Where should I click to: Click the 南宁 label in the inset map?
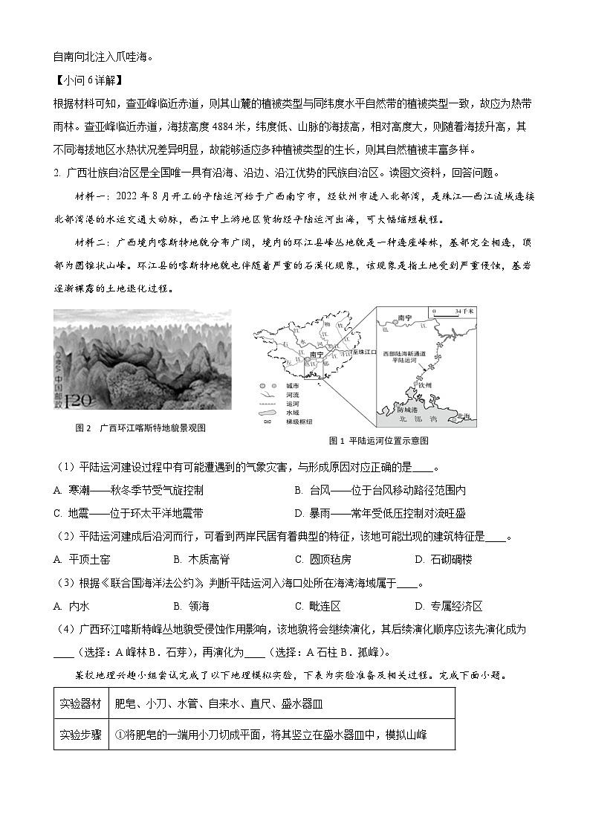tap(404, 317)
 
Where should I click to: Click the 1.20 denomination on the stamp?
tap(77, 402)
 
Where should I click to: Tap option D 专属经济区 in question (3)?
tap(448, 606)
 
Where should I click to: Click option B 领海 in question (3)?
tap(191, 606)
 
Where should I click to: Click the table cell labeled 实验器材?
tap(80, 703)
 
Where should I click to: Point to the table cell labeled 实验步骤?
tap(80, 735)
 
